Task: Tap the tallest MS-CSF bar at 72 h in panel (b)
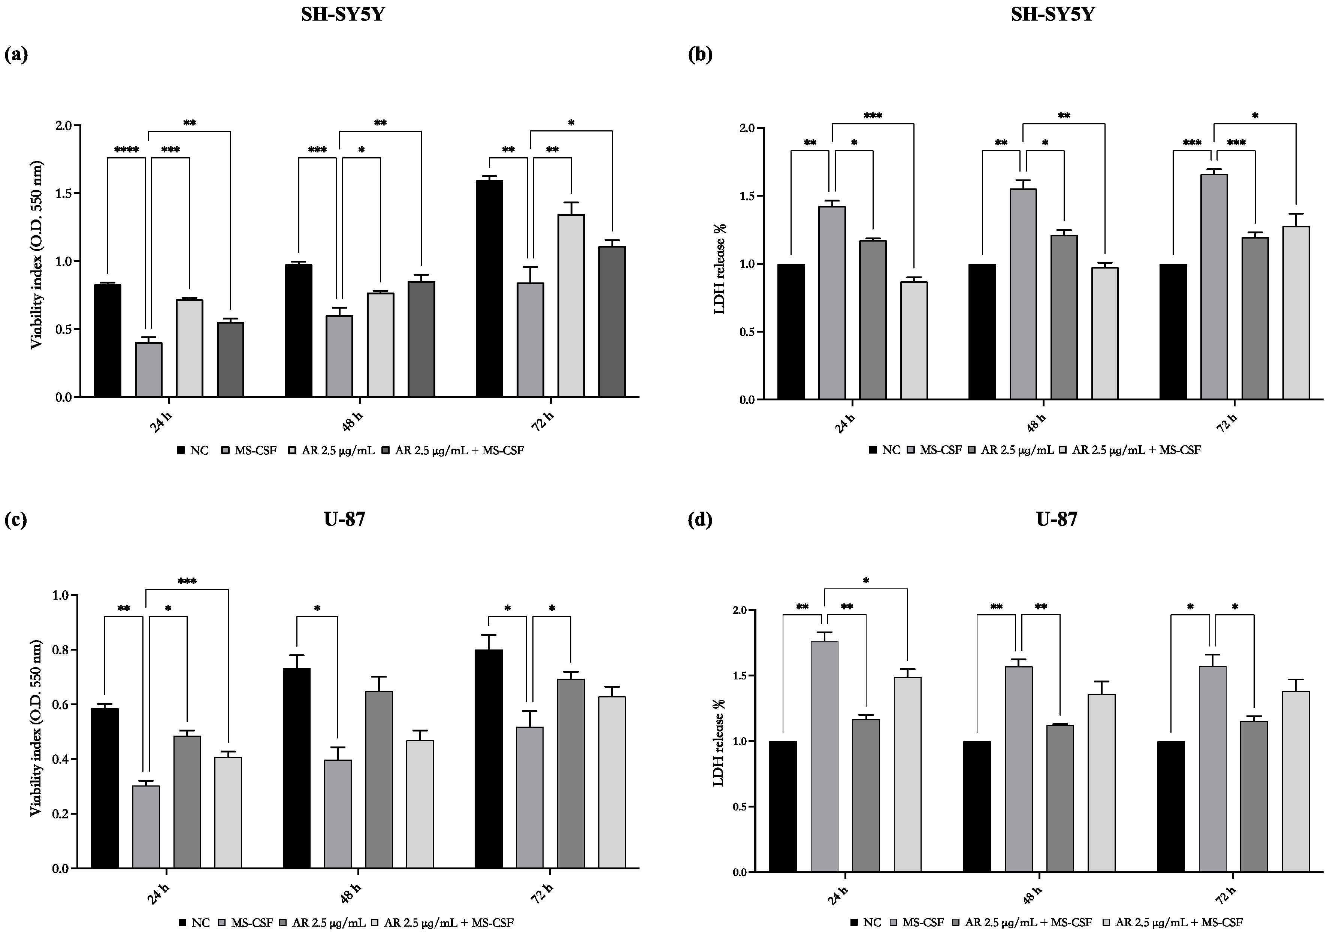(x=1213, y=287)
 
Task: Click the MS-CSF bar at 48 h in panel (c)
(x=338, y=814)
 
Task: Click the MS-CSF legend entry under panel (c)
(x=246, y=923)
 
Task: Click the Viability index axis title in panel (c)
(x=36, y=728)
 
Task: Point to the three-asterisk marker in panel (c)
(x=187, y=581)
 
